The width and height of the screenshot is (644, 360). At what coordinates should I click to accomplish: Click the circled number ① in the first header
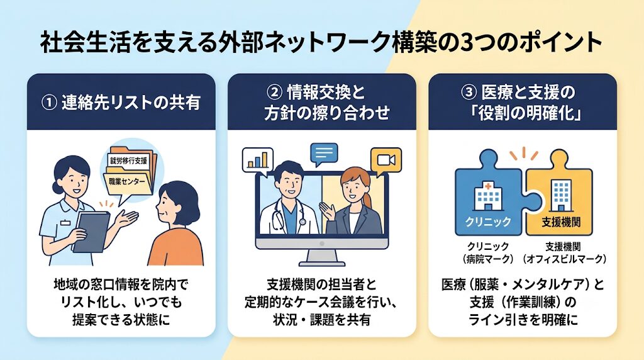click(x=49, y=103)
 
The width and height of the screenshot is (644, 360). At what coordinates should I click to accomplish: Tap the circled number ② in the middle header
click(x=274, y=93)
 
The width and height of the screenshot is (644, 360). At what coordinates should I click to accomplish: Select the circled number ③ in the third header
click(x=469, y=93)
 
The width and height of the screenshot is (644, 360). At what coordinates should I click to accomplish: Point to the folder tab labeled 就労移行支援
click(x=128, y=160)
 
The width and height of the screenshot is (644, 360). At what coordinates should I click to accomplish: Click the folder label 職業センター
click(x=127, y=182)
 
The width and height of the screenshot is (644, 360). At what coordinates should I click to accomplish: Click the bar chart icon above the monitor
click(x=257, y=160)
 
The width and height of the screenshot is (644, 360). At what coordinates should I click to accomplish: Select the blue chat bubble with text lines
click(x=324, y=154)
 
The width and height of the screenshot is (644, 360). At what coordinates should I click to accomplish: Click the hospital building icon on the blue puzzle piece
click(x=488, y=197)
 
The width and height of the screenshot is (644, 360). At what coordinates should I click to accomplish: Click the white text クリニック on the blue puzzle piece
click(x=488, y=222)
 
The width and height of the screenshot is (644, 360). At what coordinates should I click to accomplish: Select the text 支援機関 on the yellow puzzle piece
click(x=561, y=222)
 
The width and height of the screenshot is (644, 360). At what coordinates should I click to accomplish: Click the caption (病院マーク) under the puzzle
click(x=488, y=259)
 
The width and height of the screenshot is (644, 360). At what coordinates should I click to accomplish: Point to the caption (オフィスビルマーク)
click(x=564, y=259)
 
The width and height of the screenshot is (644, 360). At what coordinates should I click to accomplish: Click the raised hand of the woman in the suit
click(x=327, y=210)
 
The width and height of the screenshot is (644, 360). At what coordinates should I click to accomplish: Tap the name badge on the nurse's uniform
click(x=65, y=223)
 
